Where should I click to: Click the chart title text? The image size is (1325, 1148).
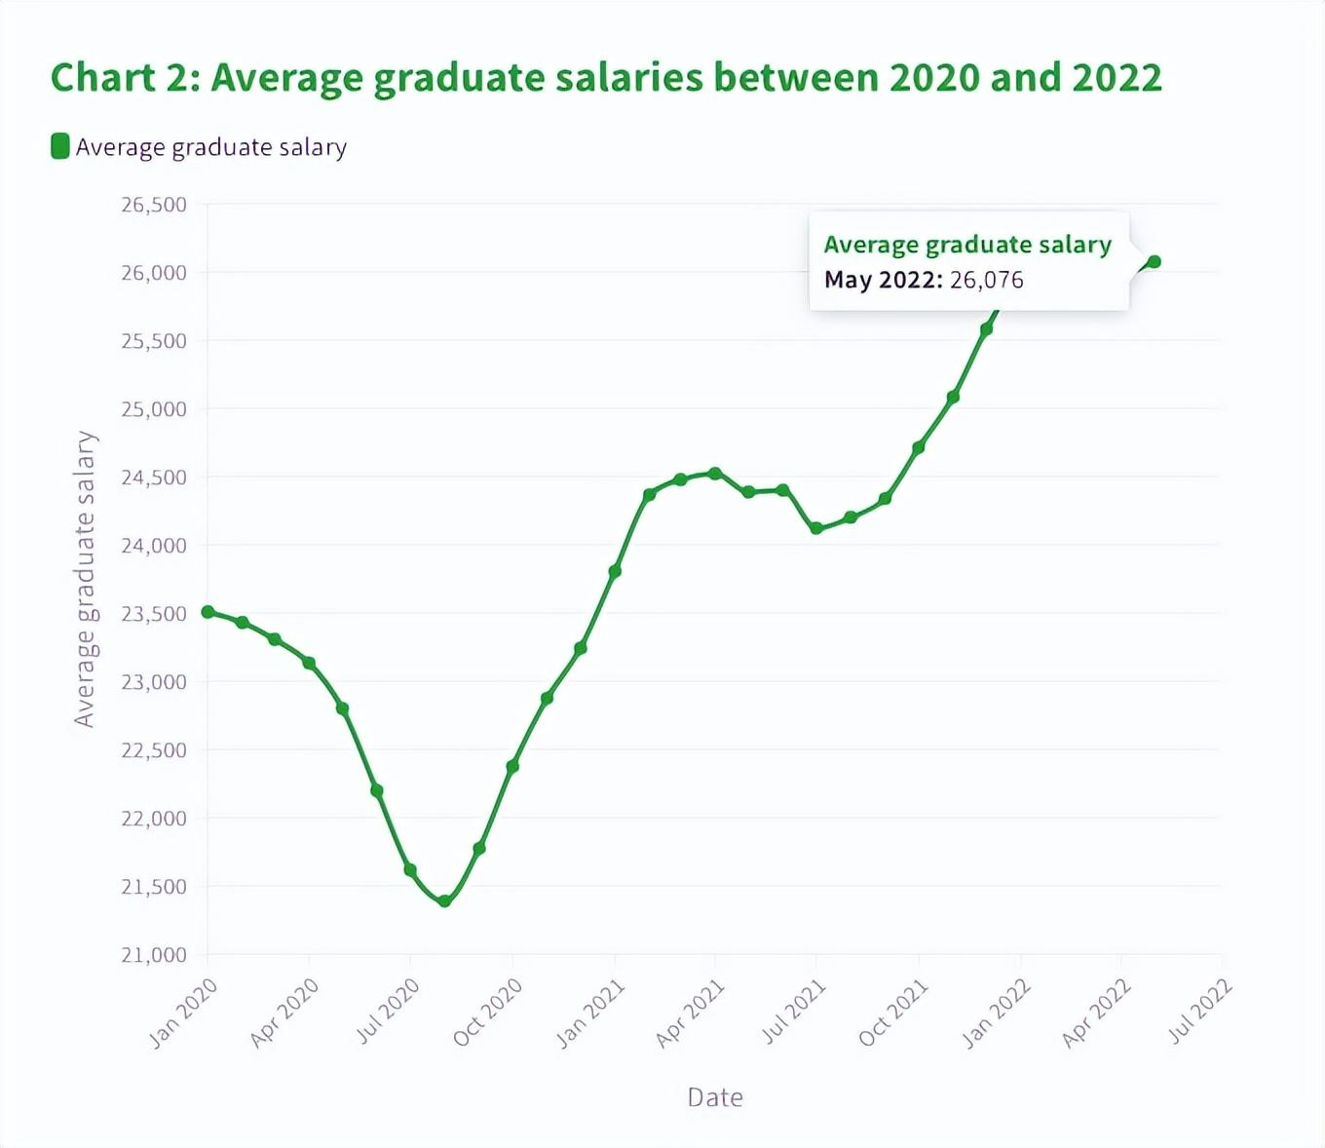point(606,78)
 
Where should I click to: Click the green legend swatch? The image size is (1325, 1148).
point(60,146)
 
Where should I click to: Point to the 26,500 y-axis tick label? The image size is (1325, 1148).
point(154,205)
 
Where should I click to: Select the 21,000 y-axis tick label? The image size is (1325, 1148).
point(154,955)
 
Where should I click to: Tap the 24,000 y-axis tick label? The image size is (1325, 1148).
point(154,546)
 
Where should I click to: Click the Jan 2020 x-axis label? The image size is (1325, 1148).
point(183,1014)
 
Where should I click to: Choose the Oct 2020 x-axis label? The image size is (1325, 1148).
point(487,1013)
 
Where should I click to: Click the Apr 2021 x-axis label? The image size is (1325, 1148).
point(690,1014)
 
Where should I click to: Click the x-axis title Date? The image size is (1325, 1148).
point(715,1097)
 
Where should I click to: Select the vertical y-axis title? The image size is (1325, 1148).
point(86,579)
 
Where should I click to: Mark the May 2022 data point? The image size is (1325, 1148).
point(1155,261)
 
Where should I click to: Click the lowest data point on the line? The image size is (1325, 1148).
point(445,901)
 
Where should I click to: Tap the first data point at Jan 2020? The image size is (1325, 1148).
point(208,612)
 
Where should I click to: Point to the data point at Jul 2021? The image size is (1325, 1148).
point(816,528)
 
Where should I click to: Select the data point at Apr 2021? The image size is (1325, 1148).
point(715,474)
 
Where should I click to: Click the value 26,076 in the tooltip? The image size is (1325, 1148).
point(986,281)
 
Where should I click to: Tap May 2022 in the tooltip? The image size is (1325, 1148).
point(882,281)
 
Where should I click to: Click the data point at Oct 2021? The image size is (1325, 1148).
point(918,448)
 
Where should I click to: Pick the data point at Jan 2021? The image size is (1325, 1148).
point(615,571)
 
